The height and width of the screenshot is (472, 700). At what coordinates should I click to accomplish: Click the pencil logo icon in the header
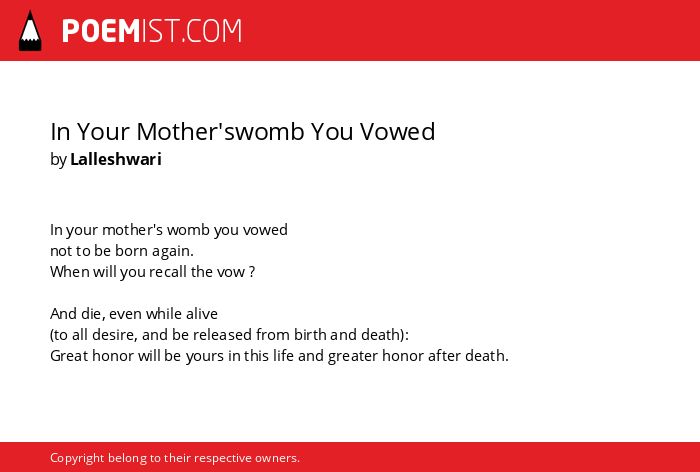(x=30, y=31)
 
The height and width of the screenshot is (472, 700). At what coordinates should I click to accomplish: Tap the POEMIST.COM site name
(x=152, y=31)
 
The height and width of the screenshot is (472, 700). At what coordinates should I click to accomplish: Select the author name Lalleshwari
(x=116, y=159)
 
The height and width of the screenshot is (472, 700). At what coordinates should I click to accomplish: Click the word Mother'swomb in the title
(x=221, y=131)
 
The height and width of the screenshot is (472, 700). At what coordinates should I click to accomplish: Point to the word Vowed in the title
(x=397, y=131)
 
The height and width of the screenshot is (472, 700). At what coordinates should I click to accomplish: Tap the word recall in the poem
(x=167, y=272)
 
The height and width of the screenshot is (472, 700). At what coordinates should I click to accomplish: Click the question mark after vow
(x=252, y=272)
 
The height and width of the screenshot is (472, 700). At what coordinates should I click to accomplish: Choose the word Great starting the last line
(x=69, y=356)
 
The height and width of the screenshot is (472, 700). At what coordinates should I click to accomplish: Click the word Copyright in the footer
(x=77, y=458)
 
